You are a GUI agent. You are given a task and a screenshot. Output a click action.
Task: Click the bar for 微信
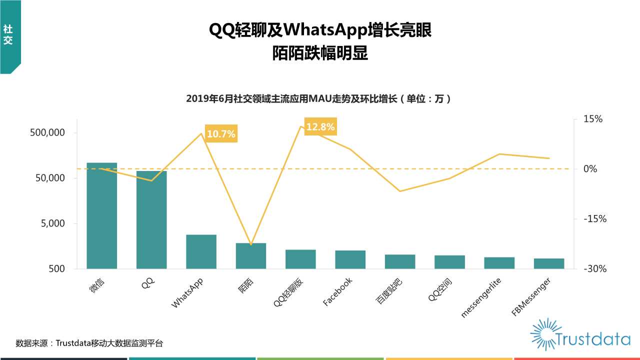[x=101, y=215]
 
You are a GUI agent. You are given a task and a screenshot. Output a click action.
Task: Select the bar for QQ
[x=151, y=219]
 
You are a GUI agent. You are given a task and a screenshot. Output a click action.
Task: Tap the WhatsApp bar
[x=201, y=251]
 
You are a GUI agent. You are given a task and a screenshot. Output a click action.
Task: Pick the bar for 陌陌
[x=251, y=255]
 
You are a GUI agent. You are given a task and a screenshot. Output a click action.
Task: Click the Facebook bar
[x=350, y=259]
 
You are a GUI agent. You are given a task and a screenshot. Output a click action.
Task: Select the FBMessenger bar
[x=548, y=263]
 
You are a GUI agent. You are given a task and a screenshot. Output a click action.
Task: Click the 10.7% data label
[x=220, y=134]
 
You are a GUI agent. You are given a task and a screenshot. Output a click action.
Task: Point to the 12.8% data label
[x=320, y=127]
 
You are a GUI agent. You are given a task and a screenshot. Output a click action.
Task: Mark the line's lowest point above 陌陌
[x=251, y=244]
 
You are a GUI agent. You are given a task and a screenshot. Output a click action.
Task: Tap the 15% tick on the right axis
[x=593, y=119]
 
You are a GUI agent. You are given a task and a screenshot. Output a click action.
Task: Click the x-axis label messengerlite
[x=481, y=298]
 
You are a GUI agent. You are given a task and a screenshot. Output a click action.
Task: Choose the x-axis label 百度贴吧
[x=389, y=290]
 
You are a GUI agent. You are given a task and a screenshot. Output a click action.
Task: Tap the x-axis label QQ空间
[x=439, y=290]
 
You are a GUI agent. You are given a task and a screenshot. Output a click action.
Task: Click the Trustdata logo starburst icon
[x=544, y=333]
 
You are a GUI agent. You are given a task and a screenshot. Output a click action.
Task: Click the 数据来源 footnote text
[x=89, y=343]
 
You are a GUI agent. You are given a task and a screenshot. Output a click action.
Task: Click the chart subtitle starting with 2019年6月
[x=319, y=99]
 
